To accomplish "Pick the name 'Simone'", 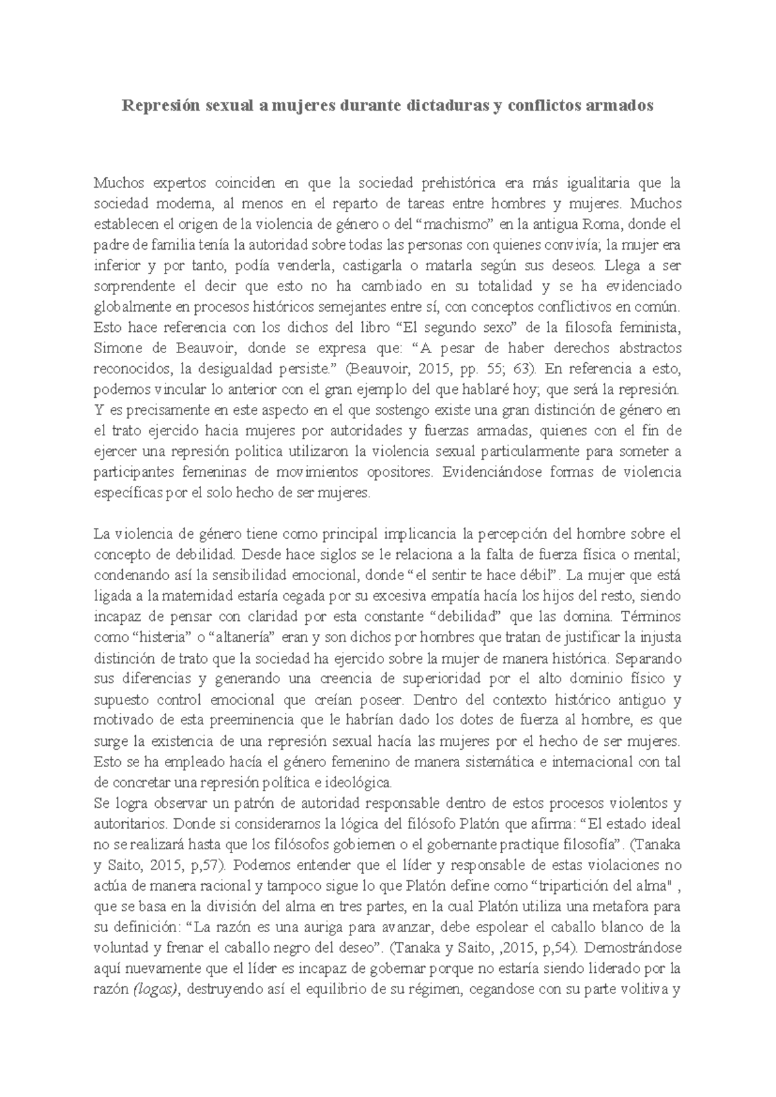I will pyautogui.click(x=116, y=349).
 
